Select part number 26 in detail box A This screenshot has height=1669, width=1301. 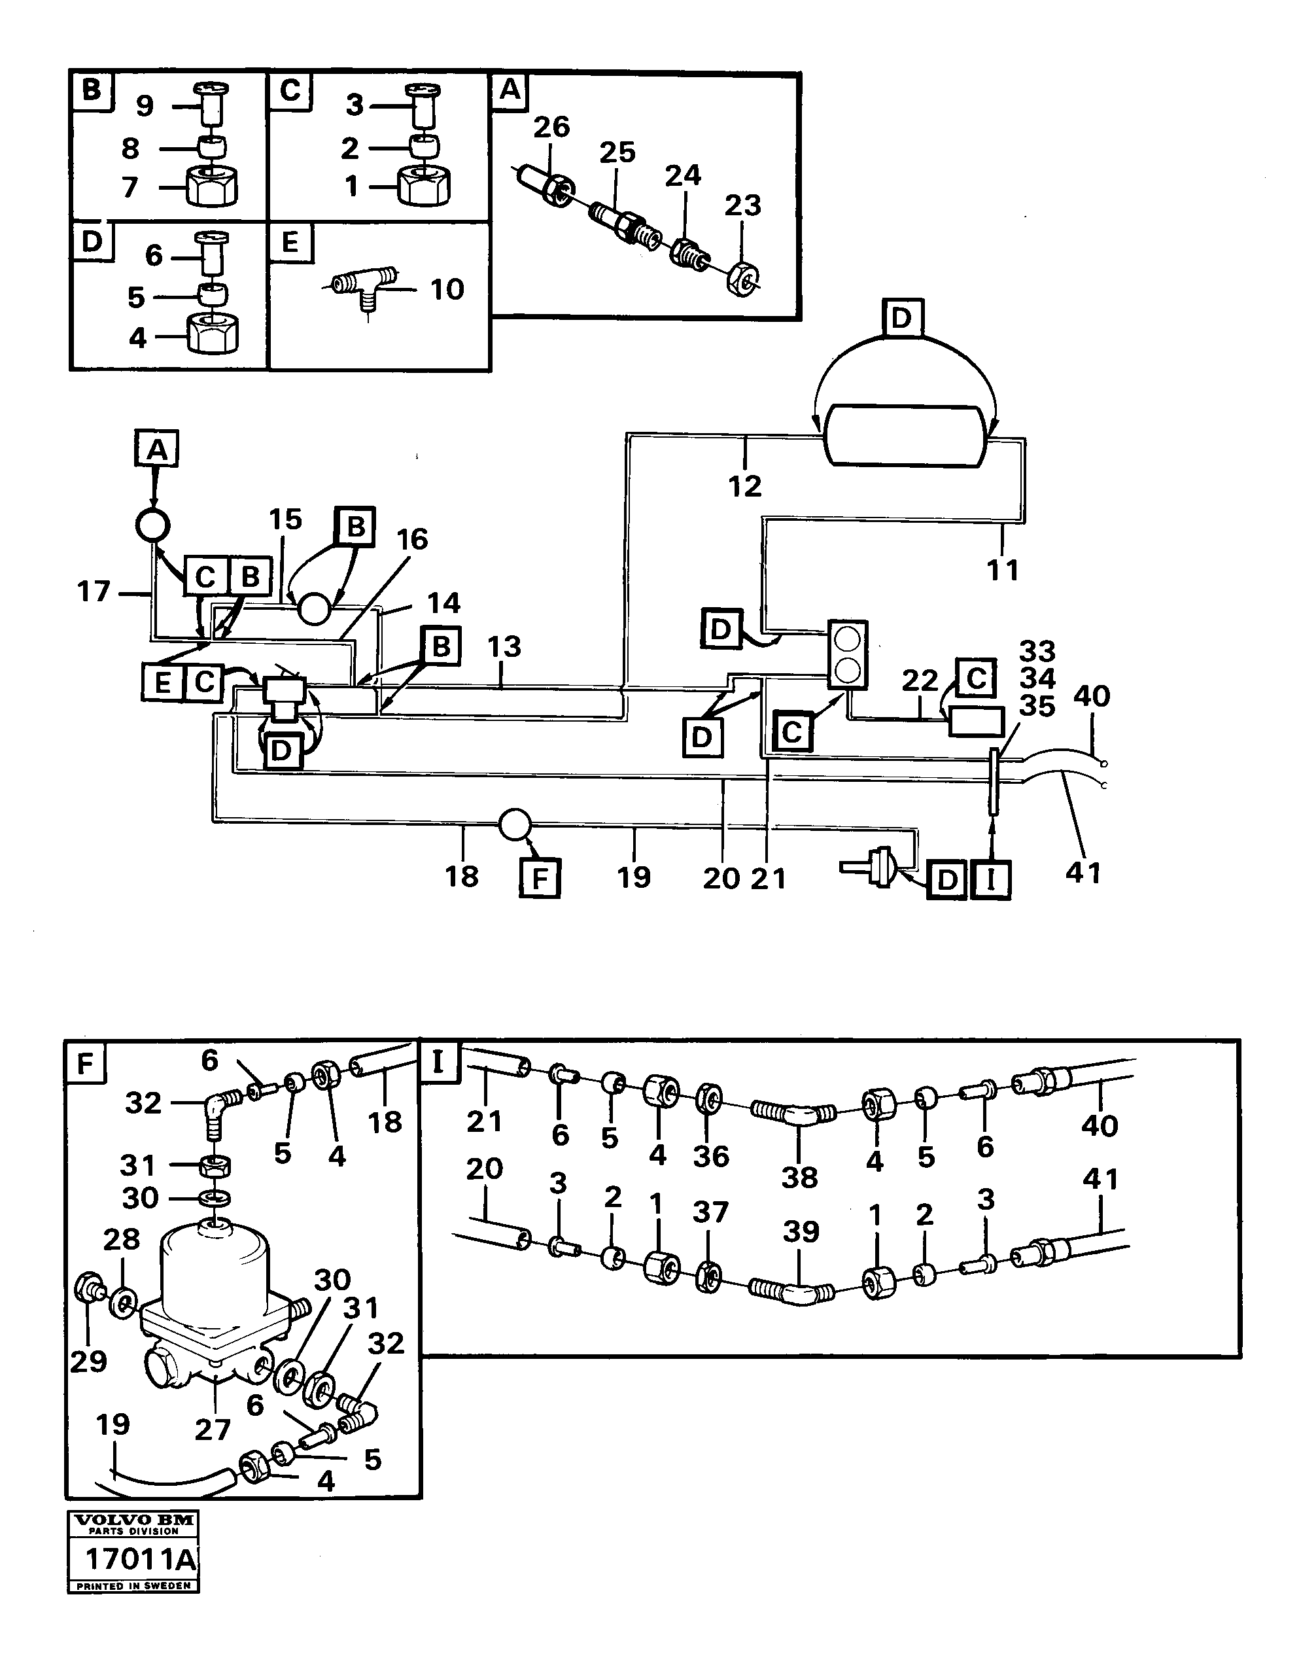[x=551, y=127]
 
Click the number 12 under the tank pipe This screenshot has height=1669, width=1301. [x=744, y=486]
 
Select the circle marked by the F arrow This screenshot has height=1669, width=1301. [x=514, y=825]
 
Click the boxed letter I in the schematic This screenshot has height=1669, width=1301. [x=991, y=879]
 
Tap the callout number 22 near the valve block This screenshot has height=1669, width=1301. [x=919, y=680]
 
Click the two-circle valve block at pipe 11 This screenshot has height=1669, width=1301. [x=848, y=655]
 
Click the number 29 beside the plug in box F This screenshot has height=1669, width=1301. [x=88, y=1361]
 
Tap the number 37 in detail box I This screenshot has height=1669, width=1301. [x=710, y=1213]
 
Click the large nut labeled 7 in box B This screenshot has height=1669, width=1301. [x=212, y=187]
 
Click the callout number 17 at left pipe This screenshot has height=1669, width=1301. [x=94, y=591]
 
